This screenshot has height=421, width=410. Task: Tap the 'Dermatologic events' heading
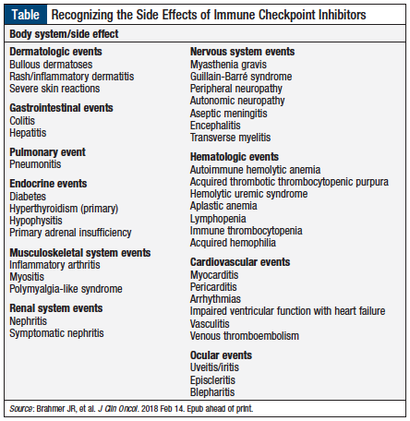(x=55, y=52)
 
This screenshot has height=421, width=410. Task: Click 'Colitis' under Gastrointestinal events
(x=23, y=120)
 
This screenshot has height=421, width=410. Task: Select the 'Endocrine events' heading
(x=48, y=183)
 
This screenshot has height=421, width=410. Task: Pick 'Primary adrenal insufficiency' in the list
(x=70, y=233)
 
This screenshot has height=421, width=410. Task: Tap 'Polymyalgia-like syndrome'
(x=66, y=289)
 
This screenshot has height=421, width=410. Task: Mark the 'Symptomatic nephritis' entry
(x=56, y=332)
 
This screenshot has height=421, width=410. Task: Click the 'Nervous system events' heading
(x=242, y=52)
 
